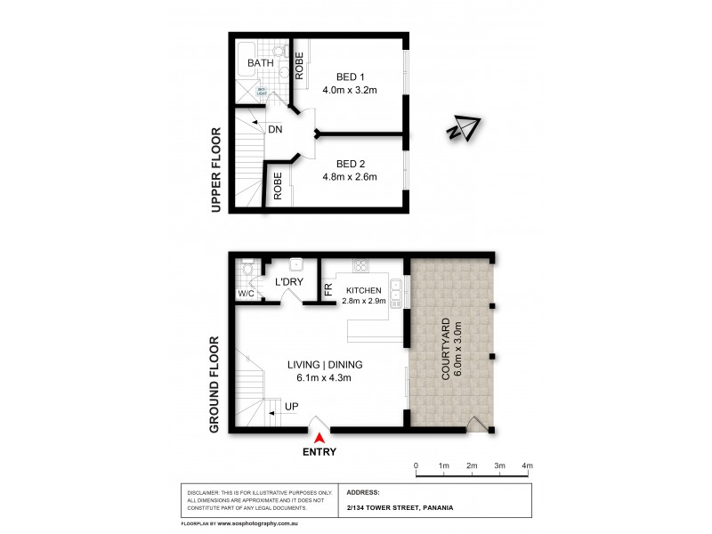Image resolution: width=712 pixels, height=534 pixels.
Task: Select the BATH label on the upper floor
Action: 261,64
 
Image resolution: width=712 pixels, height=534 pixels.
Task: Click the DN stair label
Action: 275,129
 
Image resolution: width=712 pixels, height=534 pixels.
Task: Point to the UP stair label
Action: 291,407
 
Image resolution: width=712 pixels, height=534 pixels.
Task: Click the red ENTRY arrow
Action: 320,435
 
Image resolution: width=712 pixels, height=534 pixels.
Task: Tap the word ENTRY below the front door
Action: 320,451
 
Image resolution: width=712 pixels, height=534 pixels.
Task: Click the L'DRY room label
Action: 290,282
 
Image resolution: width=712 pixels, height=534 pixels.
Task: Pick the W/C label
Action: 246,294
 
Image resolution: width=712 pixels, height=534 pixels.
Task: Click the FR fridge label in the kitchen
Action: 328,290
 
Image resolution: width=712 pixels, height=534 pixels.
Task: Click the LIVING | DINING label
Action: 324,365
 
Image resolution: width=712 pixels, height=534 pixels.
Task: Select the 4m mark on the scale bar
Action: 527,465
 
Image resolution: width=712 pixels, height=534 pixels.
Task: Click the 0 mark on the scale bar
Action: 416,465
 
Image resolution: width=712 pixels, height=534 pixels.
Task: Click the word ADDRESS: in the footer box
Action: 362,492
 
